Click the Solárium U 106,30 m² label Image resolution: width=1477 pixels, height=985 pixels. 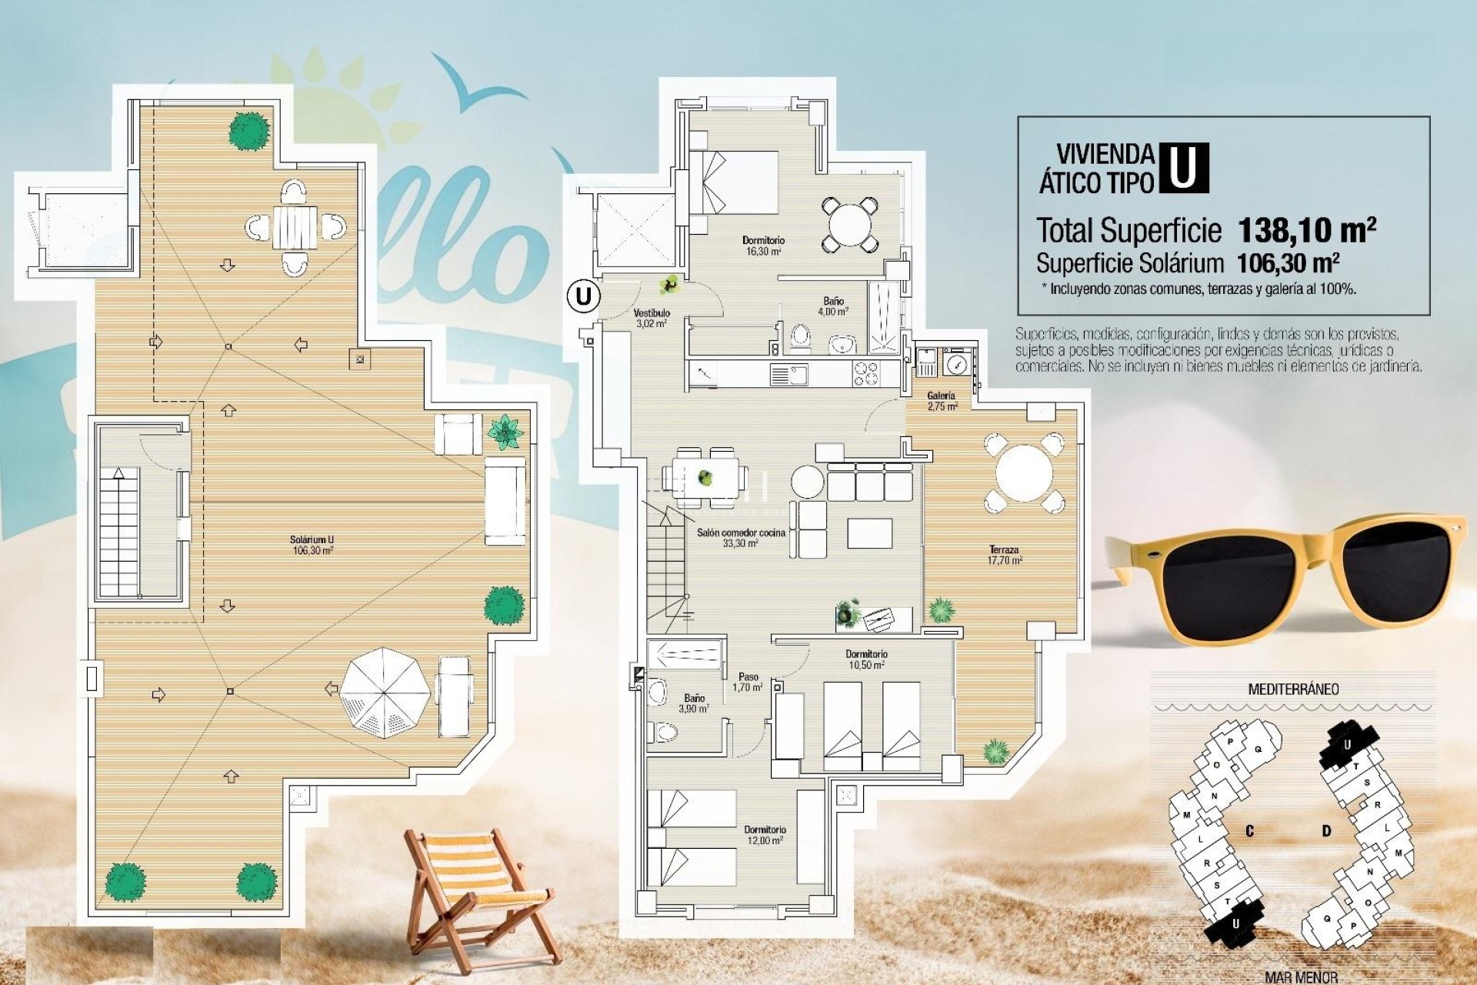312,545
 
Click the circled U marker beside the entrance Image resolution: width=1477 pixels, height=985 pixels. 584,296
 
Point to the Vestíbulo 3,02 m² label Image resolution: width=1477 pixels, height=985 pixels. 652,319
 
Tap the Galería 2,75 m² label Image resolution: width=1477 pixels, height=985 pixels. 942,401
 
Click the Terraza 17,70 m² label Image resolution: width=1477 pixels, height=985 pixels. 1005,555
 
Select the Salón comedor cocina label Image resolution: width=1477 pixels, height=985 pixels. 741,537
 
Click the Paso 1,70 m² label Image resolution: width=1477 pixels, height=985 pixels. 748,683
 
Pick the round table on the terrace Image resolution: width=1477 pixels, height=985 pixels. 1024,473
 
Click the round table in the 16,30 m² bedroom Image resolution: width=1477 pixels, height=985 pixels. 849,225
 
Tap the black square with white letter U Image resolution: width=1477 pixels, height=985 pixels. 1183,167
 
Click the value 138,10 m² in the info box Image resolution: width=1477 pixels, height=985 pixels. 1306,229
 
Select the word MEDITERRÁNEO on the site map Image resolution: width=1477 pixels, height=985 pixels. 1293,689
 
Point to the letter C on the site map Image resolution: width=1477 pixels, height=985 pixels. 1249,831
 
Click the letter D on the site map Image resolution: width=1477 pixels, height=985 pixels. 1327,831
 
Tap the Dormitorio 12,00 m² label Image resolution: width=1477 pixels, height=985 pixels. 765,835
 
